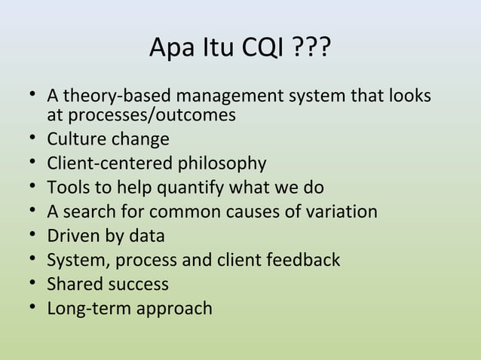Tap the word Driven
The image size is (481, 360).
coord(72,236)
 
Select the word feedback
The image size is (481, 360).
coord(303,260)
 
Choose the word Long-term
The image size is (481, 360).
coord(84,308)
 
